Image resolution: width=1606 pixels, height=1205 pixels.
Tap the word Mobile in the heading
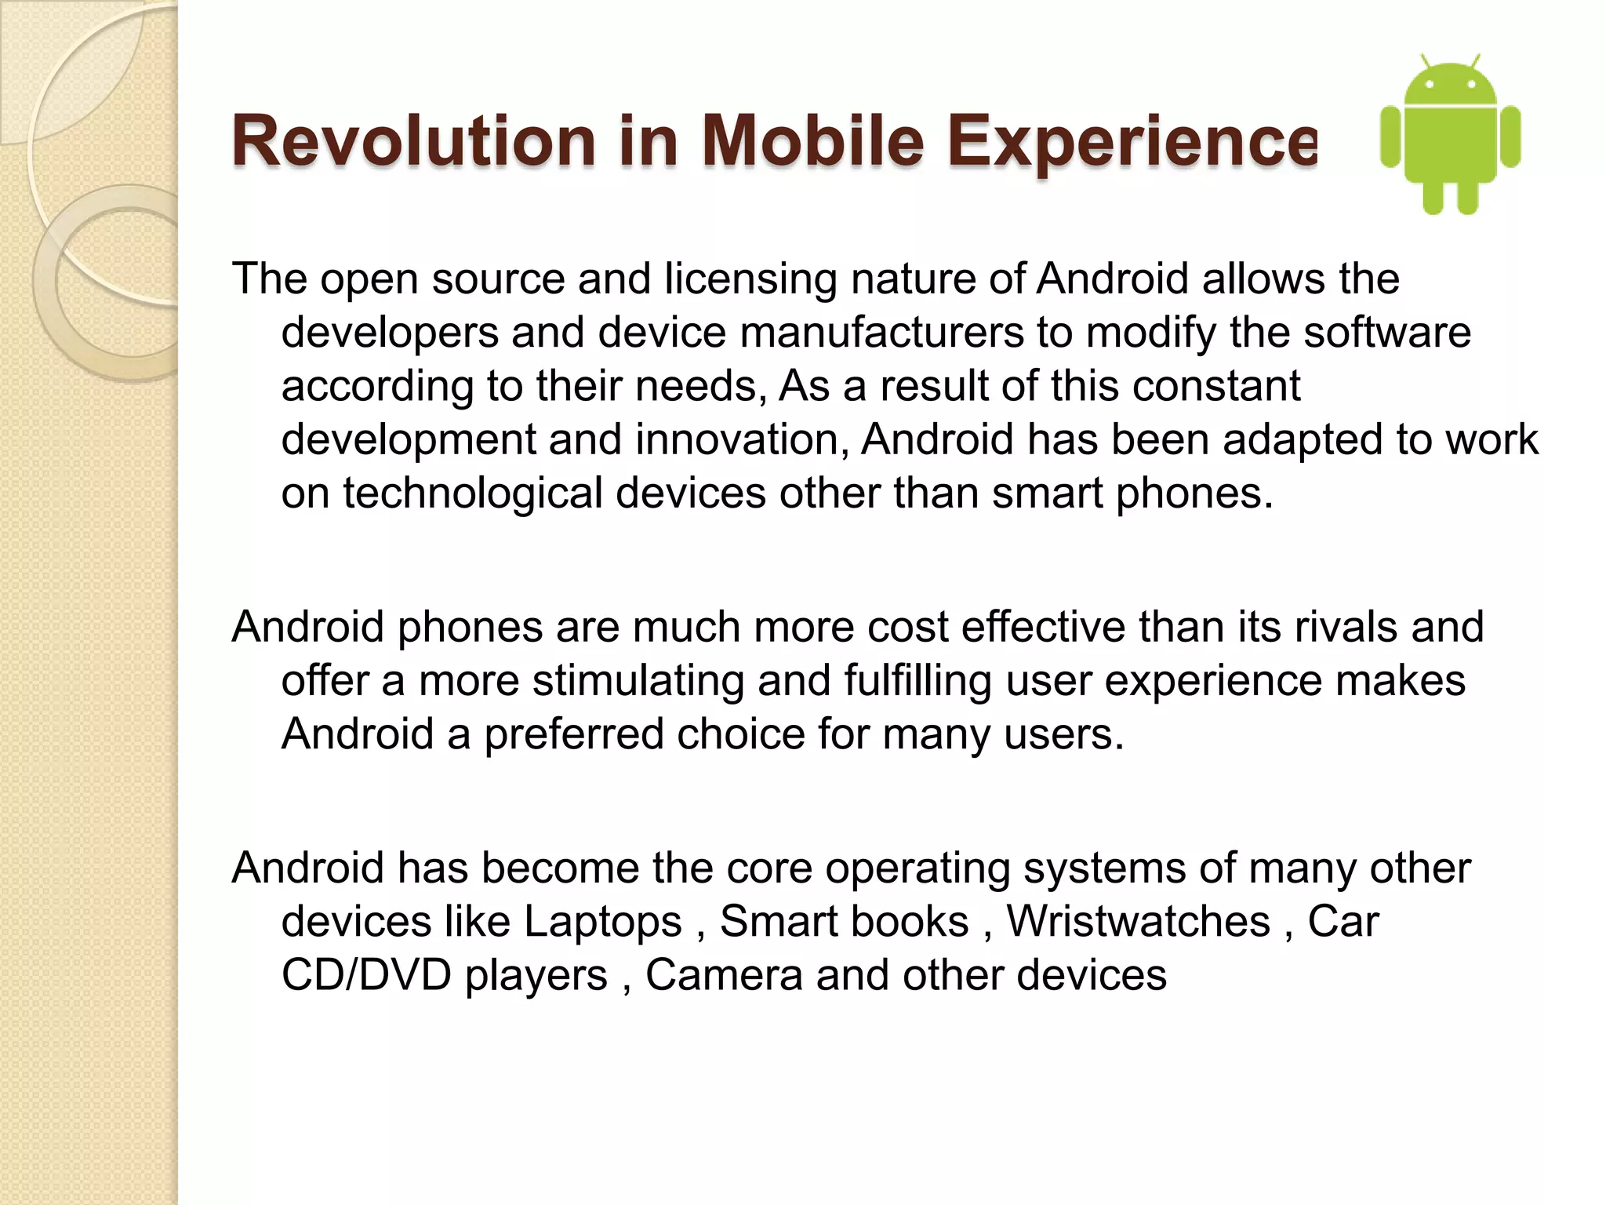pos(812,142)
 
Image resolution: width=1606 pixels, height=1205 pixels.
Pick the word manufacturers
pos(881,333)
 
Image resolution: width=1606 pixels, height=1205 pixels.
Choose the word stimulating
pos(638,681)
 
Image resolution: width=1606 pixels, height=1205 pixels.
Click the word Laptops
pos(603,922)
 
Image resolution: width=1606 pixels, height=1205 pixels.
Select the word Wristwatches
pos(1138,922)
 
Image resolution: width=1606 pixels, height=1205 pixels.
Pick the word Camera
pos(724,975)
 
